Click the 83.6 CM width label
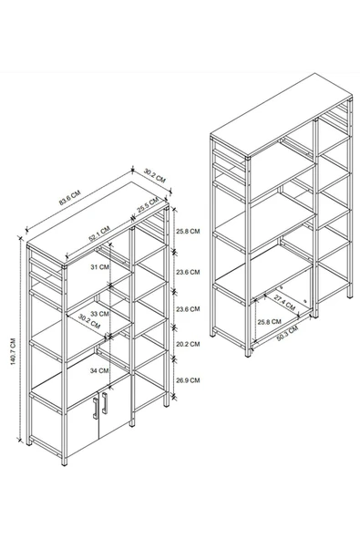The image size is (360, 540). tap(69, 198)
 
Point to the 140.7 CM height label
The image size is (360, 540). tap(13, 351)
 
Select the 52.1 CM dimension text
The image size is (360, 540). tap(99, 234)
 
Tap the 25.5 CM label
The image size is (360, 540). tap(148, 204)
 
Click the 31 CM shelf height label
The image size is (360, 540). tap(100, 267)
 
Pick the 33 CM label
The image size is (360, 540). tap(100, 314)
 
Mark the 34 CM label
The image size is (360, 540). tap(99, 370)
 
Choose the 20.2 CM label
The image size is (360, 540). tap(188, 344)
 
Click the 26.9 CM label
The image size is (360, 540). tap(188, 380)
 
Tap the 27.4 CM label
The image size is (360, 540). tap(284, 302)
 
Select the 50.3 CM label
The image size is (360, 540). tap(287, 333)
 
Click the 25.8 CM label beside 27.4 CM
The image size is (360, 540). tap(269, 322)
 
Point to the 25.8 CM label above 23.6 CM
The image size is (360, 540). tap(188, 231)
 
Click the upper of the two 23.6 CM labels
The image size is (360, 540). tap(188, 272)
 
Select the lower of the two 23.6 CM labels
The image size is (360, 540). tap(188, 309)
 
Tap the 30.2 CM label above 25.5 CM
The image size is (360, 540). tap(155, 176)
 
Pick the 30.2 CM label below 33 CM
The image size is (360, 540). tap(89, 321)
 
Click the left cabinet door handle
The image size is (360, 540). tap(96, 409)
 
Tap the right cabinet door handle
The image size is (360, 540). tap(104, 403)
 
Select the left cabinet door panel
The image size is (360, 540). tap(83, 426)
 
